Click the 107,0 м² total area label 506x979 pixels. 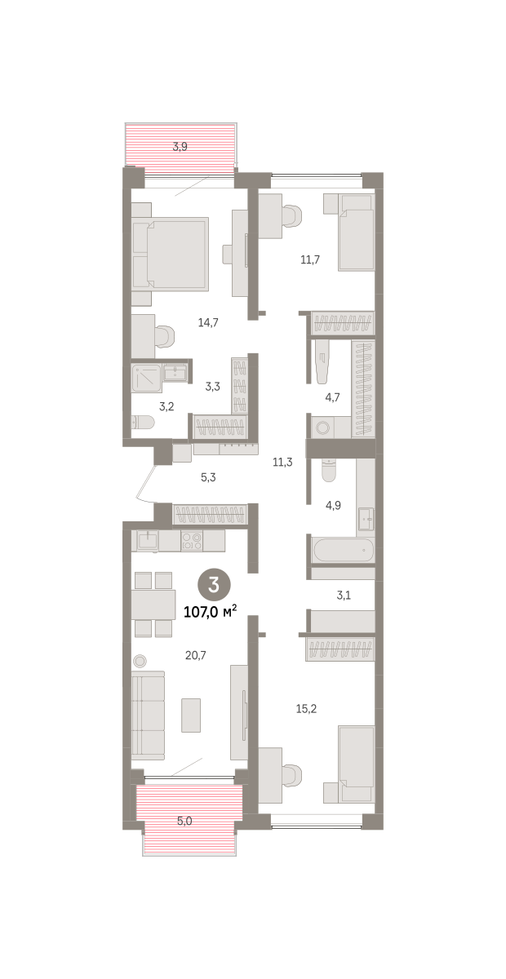211,611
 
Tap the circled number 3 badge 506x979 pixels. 214,584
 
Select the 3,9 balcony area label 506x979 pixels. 180,147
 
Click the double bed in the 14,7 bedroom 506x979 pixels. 170,254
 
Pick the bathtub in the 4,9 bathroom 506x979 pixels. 343,550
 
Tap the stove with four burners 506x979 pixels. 192,541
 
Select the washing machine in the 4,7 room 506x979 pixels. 322,427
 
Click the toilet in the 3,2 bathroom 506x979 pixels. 143,423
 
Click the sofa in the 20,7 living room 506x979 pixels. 149,715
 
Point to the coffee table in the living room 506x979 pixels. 191,715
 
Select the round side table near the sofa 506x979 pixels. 140,662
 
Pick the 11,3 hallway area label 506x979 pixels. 282,462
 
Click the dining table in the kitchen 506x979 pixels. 153,605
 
